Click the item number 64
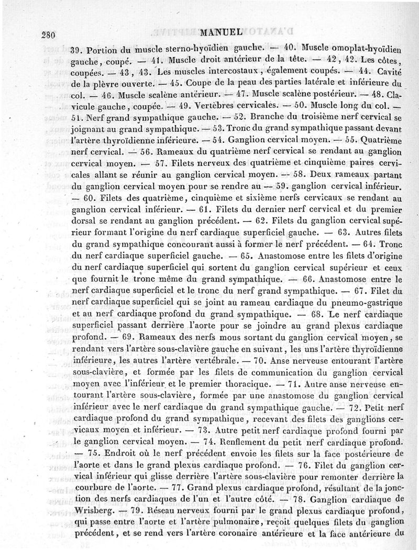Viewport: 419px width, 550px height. [363, 245]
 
